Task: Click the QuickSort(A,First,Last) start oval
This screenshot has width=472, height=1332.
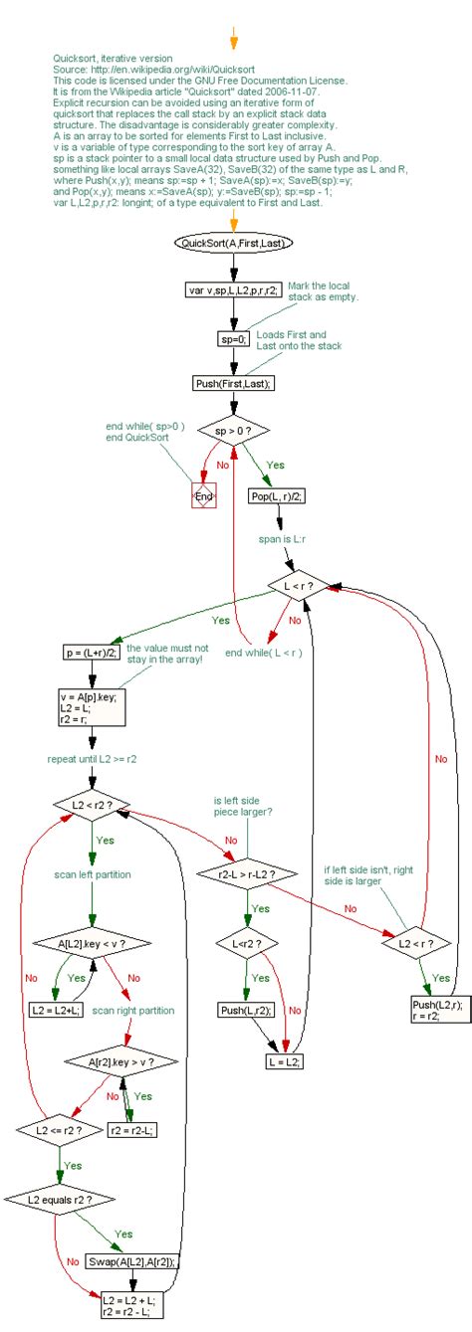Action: pos(233,242)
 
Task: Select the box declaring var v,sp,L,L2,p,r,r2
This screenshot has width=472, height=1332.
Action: pos(233,290)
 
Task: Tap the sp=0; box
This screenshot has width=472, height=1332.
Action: pos(233,338)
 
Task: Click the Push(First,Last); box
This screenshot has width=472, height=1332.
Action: pos(233,384)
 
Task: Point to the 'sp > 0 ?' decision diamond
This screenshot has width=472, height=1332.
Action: pos(233,433)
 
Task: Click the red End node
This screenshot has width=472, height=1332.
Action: pos(203,495)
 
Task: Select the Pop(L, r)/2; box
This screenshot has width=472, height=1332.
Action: pos(278,496)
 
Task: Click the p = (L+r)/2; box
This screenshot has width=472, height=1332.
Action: pos(91,653)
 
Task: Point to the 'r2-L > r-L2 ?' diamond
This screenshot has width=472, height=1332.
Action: pos(246,874)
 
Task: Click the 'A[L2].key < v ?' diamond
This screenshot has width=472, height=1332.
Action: pos(92,941)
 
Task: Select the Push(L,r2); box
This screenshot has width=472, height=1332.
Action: pos(246,1010)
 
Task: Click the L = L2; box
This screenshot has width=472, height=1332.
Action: pos(284,1061)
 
